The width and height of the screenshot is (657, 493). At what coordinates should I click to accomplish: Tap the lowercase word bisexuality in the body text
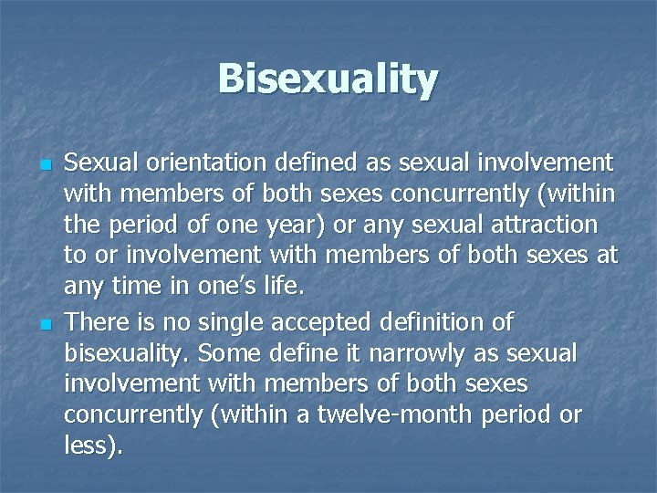tap(123, 353)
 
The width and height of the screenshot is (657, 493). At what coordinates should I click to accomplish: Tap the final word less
tap(90, 447)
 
